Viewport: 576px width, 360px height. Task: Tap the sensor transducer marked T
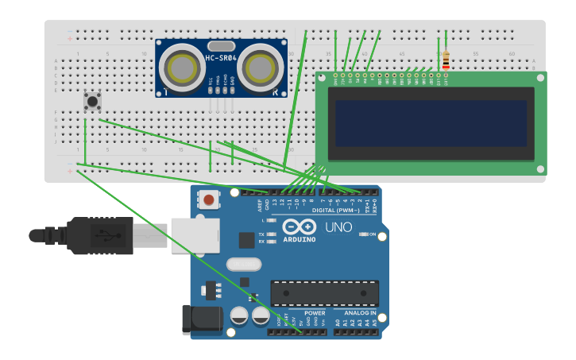point(184,69)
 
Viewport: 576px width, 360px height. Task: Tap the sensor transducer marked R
point(260,69)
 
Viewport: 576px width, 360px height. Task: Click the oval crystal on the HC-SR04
point(222,46)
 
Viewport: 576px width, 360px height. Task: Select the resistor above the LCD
point(445,60)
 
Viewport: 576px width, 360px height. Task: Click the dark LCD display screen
point(431,122)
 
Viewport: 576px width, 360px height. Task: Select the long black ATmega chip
point(323,292)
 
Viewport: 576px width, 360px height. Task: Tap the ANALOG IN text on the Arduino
point(355,313)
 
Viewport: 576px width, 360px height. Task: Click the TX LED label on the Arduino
point(261,234)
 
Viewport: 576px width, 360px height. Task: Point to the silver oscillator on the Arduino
point(243,264)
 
